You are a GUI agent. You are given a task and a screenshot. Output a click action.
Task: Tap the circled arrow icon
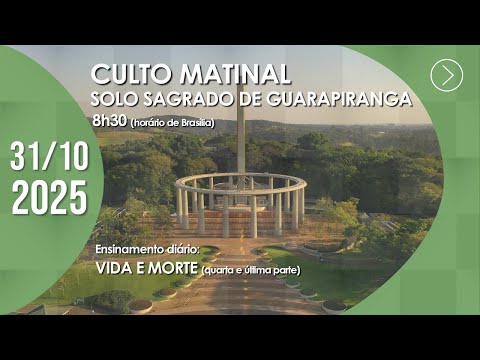[447, 75]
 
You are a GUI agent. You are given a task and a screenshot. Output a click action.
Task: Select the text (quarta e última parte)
[251, 271]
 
